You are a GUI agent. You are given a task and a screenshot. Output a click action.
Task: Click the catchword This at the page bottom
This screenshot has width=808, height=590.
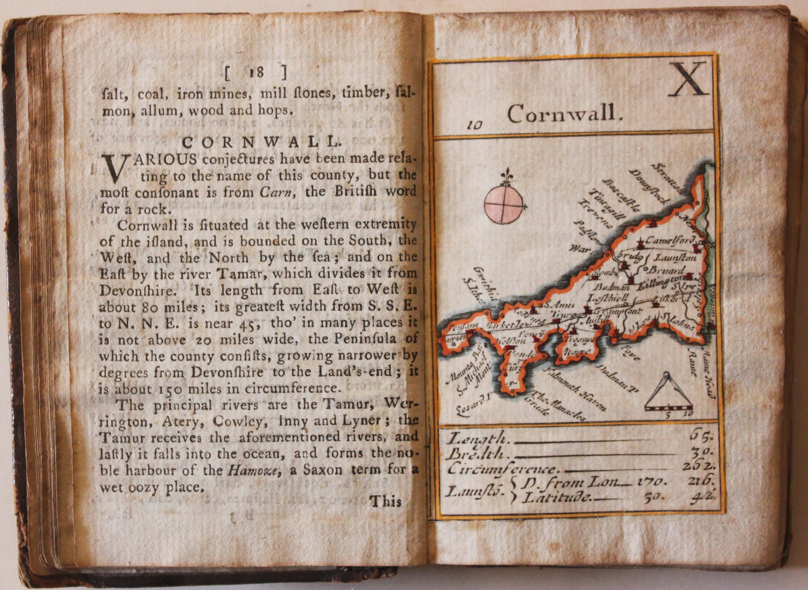coord(386,502)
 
